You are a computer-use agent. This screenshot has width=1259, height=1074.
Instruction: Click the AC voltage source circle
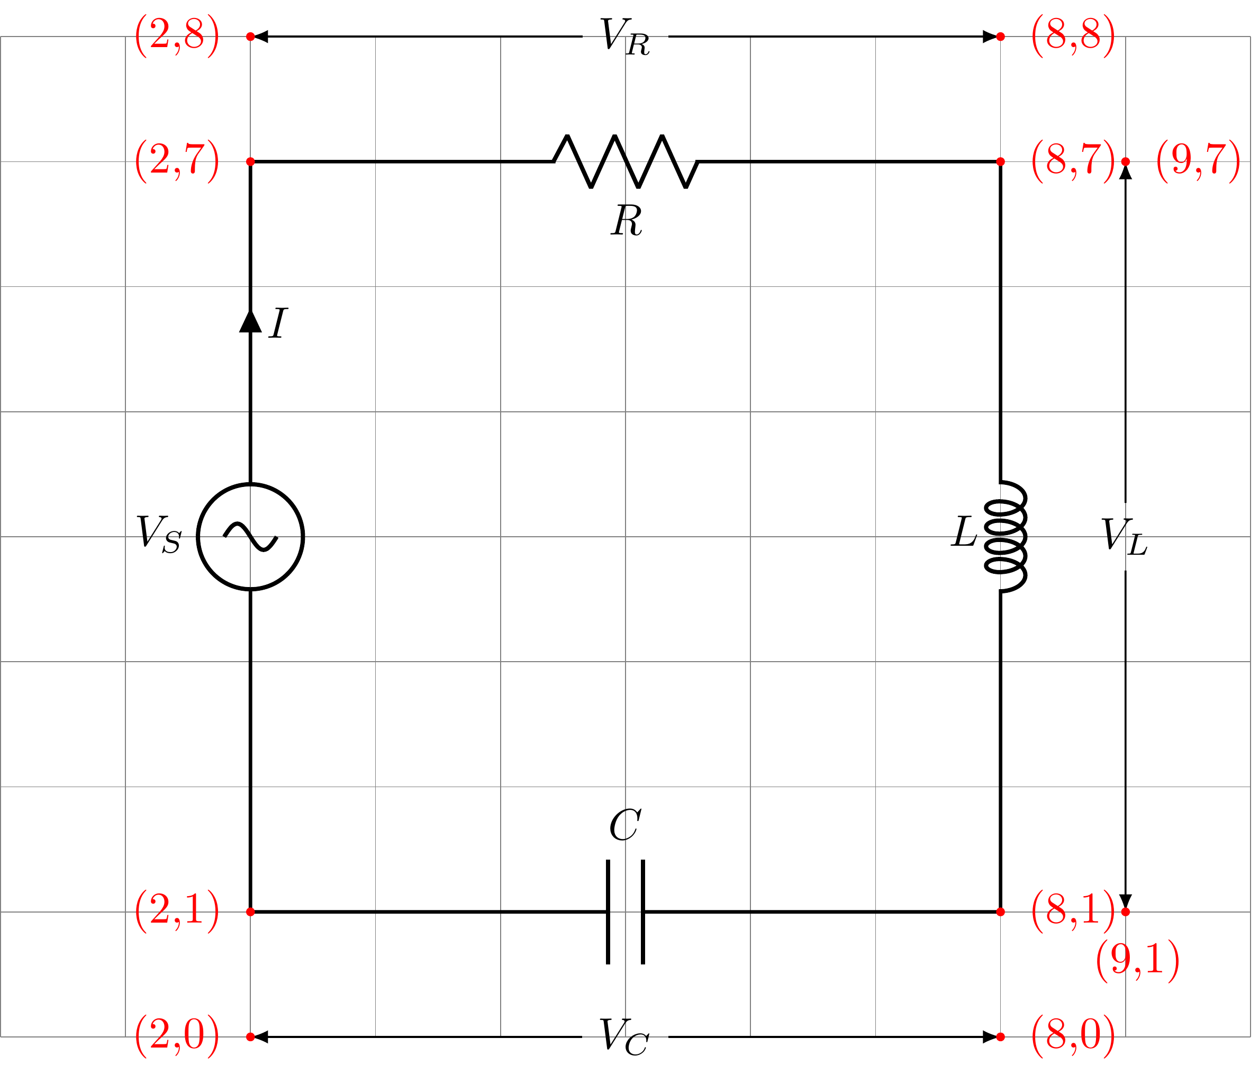click(x=250, y=537)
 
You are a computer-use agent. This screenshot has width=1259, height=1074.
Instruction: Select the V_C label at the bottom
click(x=624, y=1037)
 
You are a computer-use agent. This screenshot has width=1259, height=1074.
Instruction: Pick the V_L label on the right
click(x=1124, y=537)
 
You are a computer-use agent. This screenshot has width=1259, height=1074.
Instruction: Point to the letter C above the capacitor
click(x=624, y=825)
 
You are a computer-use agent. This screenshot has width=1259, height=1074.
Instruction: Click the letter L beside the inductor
click(x=964, y=532)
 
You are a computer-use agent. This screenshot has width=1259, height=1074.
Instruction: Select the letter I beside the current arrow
click(x=278, y=323)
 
